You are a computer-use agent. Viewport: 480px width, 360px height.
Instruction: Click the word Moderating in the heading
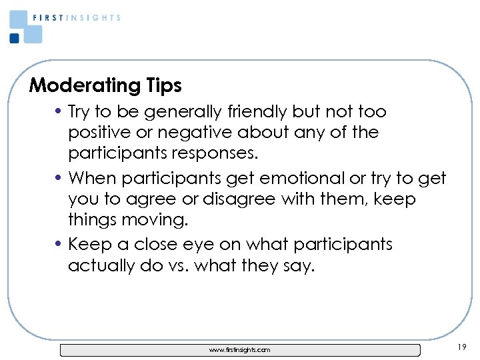coord(83,86)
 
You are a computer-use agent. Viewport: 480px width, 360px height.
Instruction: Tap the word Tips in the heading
coord(161,86)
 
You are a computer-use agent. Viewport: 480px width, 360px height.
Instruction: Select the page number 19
coord(463,347)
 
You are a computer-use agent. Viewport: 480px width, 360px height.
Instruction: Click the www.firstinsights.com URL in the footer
coord(239,350)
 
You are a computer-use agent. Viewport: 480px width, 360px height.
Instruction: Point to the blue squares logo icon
coord(25,27)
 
